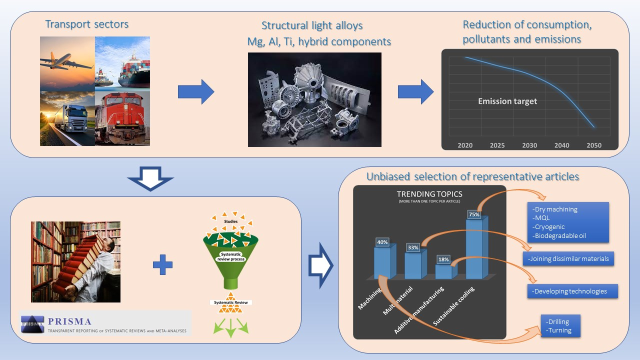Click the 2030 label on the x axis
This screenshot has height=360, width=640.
(529, 145)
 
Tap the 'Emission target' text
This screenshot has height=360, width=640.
(507, 101)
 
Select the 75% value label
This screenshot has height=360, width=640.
(473, 214)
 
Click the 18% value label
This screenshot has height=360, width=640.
(443, 259)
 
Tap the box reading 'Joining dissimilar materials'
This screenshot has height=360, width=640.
(568, 258)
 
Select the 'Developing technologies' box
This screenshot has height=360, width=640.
(572, 291)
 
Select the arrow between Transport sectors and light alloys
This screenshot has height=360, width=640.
(195, 92)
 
